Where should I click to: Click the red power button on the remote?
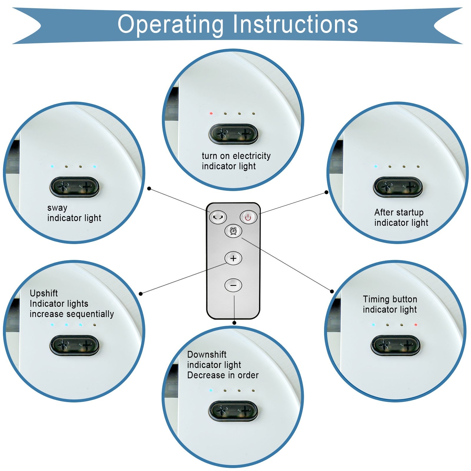(248, 218)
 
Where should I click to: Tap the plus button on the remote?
(233, 258)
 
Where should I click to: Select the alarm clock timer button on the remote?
(233, 231)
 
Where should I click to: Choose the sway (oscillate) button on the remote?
(218, 218)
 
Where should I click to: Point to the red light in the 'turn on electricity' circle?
(211, 113)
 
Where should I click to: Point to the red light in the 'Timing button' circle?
(416, 325)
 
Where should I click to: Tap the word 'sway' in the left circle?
(57, 208)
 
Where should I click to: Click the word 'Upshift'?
(44, 293)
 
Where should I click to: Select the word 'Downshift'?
(207, 354)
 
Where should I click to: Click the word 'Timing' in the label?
(376, 299)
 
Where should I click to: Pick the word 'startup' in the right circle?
(409, 213)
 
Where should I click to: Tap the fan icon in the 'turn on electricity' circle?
(222, 134)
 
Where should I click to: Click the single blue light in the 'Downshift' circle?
(211, 391)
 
